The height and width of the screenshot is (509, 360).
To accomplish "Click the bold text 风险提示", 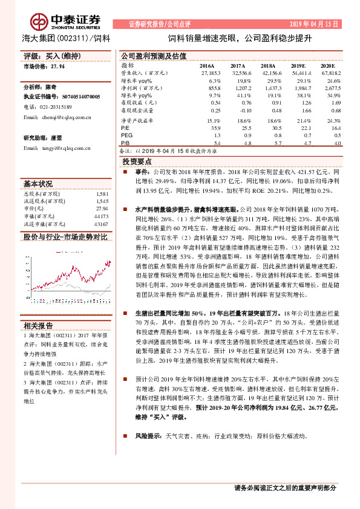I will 146,436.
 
